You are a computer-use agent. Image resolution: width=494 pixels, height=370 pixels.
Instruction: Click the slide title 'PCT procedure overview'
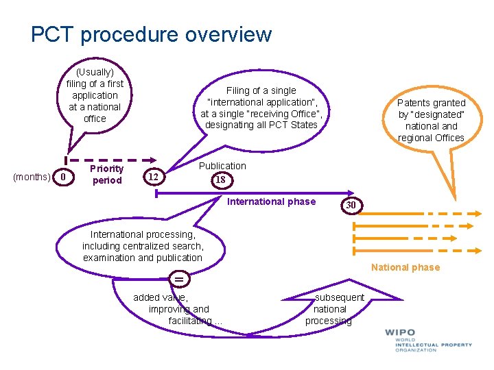pyautogui.click(x=151, y=34)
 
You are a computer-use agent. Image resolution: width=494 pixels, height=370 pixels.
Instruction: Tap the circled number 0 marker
pyautogui.click(x=63, y=177)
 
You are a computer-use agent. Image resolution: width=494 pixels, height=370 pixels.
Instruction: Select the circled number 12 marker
pyautogui.click(x=154, y=177)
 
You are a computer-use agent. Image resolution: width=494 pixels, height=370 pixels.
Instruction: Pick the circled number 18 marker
pyautogui.click(x=220, y=180)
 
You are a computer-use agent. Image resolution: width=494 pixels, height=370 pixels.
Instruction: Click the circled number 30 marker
pyautogui.click(x=351, y=205)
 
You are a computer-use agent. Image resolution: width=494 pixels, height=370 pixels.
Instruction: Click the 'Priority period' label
pyautogui.click(x=106, y=175)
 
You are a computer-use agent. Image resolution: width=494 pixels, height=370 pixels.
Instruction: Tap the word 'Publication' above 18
pyautogui.click(x=222, y=166)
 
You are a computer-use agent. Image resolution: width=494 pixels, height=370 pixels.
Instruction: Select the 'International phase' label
pyautogui.click(x=271, y=201)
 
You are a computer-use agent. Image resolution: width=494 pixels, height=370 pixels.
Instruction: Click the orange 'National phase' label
pyautogui.click(x=405, y=267)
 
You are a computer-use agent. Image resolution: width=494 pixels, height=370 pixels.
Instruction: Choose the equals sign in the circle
pyautogui.click(x=179, y=280)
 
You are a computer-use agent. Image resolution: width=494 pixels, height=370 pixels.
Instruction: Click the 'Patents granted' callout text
pyautogui.click(x=431, y=120)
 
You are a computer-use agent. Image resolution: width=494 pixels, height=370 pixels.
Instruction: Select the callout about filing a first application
pyautogui.click(x=95, y=95)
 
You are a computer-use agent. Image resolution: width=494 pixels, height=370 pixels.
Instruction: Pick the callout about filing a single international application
pyautogui.click(x=261, y=108)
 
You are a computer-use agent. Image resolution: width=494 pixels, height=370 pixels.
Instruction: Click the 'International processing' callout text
pyautogui.click(x=143, y=246)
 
